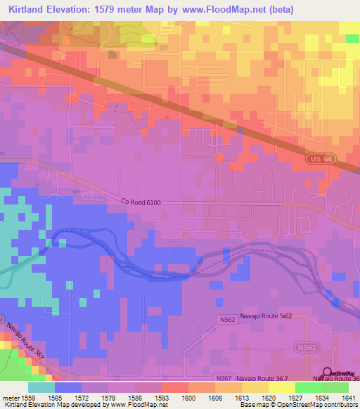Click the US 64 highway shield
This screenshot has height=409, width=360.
(x=317, y=160)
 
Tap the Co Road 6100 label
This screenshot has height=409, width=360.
(x=140, y=202)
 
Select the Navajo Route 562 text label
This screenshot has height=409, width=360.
(x=266, y=316)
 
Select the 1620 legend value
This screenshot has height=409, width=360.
(x=259, y=398)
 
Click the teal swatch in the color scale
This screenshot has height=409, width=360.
(x=41, y=387)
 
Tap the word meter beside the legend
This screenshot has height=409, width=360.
(x=11, y=398)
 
